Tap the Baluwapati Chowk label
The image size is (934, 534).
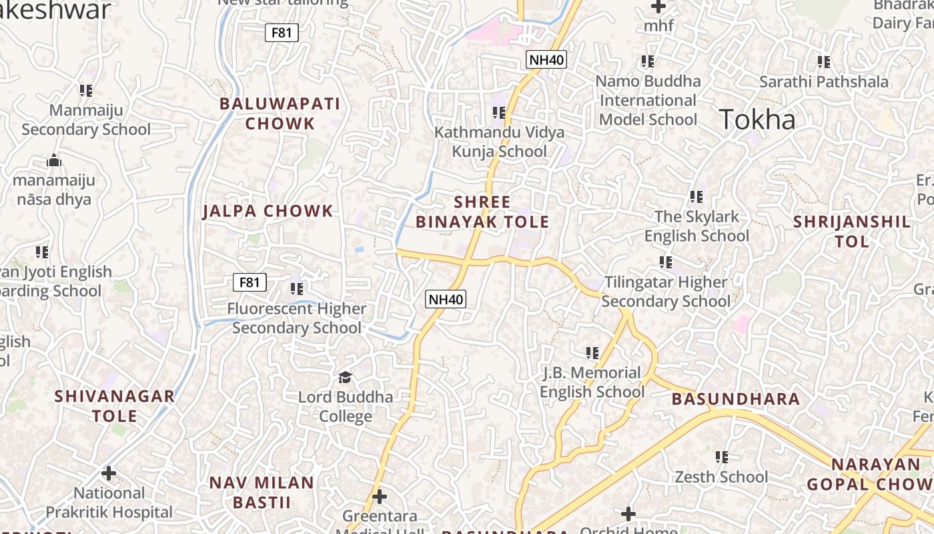tap(280, 113)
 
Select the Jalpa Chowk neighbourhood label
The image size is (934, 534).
tap(268, 211)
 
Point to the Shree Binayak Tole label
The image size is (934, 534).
tap(482, 212)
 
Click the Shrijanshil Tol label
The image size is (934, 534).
tap(851, 232)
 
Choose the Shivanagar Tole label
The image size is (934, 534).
tap(114, 406)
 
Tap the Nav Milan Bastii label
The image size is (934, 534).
tap(262, 492)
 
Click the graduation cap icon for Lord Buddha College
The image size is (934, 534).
tap(345, 378)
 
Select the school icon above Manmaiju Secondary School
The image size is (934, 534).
tap(85, 90)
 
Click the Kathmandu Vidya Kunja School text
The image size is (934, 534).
tap(499, 142)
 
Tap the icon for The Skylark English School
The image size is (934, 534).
tap(696, 197)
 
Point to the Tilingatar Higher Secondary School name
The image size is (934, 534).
tap(666, 292)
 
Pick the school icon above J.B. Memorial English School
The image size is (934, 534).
tap(592, 352)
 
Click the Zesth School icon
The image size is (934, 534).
tap(721, 457)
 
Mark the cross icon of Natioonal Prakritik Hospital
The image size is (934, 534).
tap(109, 474)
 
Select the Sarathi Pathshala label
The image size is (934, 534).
tap(824, 82)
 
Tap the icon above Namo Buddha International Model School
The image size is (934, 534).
tap(647, 61)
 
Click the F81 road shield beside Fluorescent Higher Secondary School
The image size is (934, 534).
tap(250, 282)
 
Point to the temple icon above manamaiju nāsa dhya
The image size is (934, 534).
tap(54, 160)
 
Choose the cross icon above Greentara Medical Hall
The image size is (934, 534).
tap(379, 497)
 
